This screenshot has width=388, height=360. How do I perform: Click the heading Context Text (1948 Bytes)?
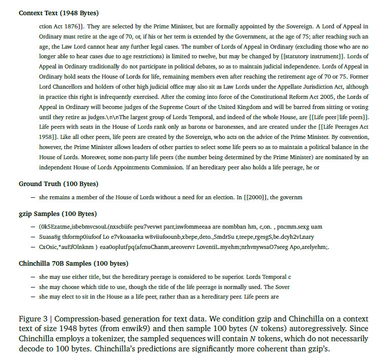click(59, 13)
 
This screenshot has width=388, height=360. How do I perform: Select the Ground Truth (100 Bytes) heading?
click(59, 184)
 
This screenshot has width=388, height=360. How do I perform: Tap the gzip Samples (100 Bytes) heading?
click(58, 213)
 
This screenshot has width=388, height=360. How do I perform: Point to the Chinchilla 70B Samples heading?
click(73, 263)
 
